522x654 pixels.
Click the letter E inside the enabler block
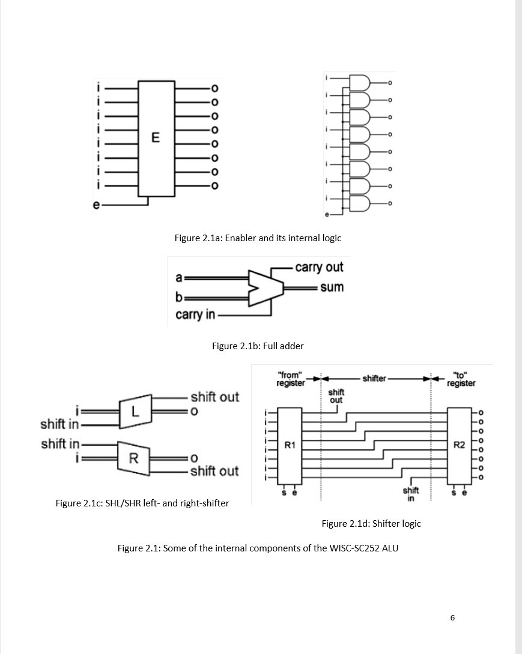coord(156,137)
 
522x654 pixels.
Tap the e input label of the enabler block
coord(96,205)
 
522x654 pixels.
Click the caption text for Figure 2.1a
coord(258,238)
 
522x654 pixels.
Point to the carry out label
coord(319,267)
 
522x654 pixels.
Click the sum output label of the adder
coord(332,287)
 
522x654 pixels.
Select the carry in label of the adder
coord(195,314)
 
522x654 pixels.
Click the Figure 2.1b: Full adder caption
coord(258,346)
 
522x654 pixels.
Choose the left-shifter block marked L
coord(135,412)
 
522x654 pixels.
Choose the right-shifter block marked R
coord(134,458)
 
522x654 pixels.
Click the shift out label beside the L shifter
coord(214,397)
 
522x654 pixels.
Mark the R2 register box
coord(459,445)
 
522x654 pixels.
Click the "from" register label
coord(290,379)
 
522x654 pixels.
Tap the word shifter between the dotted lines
coord(375,379)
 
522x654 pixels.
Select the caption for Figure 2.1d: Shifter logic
coord(371,523)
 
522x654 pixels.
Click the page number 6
coord(452,617)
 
